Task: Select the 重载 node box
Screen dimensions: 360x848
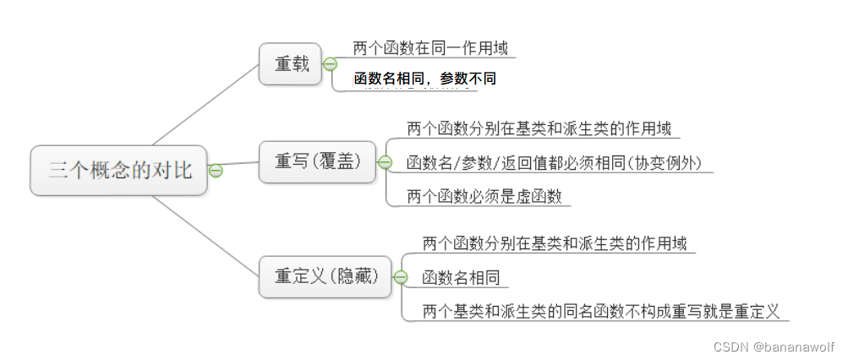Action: (291, 64)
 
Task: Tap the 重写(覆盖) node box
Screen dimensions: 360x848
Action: (317, 161)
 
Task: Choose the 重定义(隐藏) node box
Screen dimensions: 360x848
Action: (326, 276)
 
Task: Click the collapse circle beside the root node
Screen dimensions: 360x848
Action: (216, 171)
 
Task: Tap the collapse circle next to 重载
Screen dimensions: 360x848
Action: (330, 64)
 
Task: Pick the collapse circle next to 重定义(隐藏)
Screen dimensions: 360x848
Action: (401, 276)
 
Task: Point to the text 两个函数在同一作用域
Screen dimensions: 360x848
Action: (429, 48)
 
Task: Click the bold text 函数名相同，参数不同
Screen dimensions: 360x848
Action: (424, 79)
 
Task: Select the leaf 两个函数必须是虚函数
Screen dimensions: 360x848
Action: (484, 196)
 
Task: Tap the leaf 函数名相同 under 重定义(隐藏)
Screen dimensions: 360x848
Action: (461, 277)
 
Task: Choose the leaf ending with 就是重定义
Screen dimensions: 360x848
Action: (600, 310)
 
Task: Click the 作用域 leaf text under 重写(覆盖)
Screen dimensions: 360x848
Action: (539, 129)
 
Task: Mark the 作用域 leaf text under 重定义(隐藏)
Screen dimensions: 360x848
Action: (554, 243)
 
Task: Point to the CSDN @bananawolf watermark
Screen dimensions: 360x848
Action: (774, 346)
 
